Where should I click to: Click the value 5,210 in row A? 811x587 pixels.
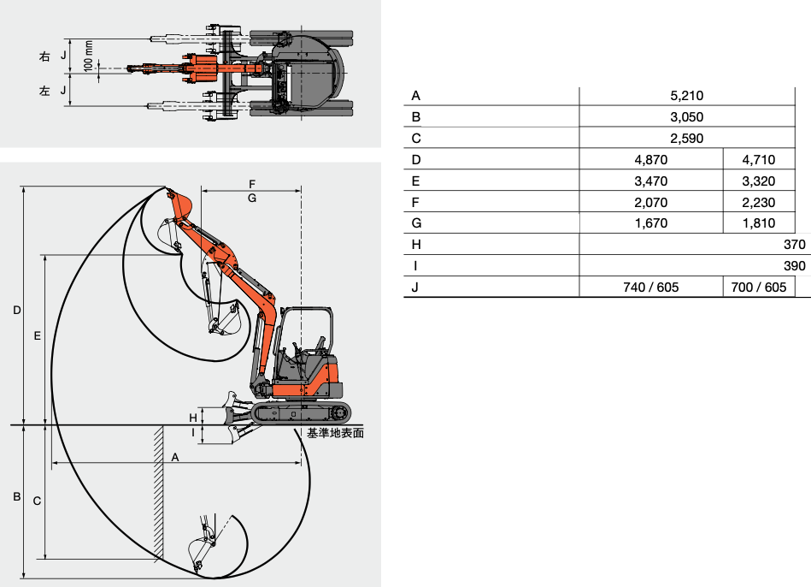pyautogui.click(x=686, y=96)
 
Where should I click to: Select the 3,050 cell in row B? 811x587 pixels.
pyautogui.click(x=686, y=117)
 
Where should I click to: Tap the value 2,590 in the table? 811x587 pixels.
pyautogui.click(x=686, y=139)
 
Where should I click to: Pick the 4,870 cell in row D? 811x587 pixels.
pyautogui.click(x=651, y=160)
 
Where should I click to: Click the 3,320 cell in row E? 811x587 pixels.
pyautogui.click(x=759, y=181)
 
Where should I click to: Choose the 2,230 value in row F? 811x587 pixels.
pyautogui.click(x=759, y=203)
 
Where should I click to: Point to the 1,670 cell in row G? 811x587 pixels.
pyautogui.click(x=651, y=224)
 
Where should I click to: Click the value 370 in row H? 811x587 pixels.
pyautogui.click(x=794, y=245)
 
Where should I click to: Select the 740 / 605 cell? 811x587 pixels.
pyautogui.click(x=651, y=288)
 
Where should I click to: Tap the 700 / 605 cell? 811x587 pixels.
pyautogui.click(x=759, y=288)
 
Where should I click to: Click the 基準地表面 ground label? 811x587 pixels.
pyautogui.click(x=335, y=434)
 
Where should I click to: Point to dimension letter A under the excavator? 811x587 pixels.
pyautogui.click(x=175, y=458)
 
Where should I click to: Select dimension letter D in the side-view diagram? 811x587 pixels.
pyautogui.click(x=16, y=310)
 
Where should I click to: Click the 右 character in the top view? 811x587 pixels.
pyautogui.click(x=44, y=56)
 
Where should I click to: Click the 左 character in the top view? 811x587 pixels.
pyautogui.click(x=44, y=91)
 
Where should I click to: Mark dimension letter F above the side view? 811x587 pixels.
pyautogui.click(x=251, y=184)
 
